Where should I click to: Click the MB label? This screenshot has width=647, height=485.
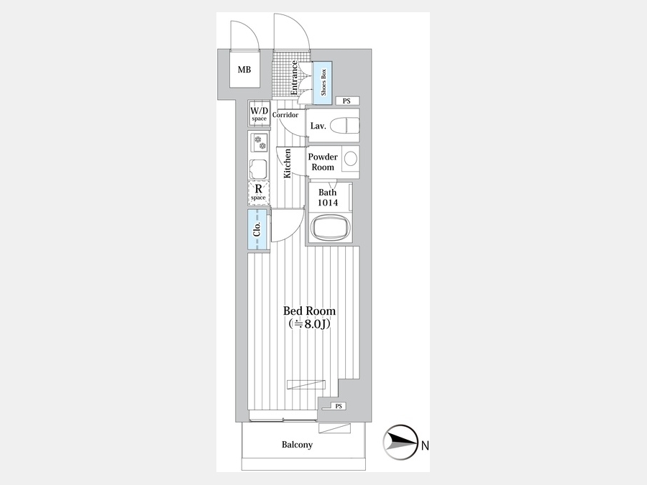(x=244, y=70)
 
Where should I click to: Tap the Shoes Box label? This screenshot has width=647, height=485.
(x=323, y=82)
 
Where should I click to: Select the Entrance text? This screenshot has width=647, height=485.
(x=294, y=78)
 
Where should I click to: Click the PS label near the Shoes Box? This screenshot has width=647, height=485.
(x=347, y=101)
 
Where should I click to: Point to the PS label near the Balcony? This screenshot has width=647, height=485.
(x=339, y=406)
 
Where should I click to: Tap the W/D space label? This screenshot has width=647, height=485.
(x=259, y=114)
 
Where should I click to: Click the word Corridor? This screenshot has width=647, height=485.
(x=285, y=115)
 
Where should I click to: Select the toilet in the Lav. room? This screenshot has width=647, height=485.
(x=344, y=125)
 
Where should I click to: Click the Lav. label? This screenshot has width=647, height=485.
(x=318, y=126)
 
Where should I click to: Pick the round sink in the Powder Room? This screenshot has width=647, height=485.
(x=351, y=159)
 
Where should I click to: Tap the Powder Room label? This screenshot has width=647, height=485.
(x=323, y=162)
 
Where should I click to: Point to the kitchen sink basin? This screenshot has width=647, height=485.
(x=258, y=169)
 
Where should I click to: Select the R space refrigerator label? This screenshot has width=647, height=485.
(x=258, y=193)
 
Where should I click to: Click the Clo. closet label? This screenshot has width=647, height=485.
(x=257, y=229)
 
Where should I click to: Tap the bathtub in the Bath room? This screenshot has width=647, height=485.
(x=330, y=228)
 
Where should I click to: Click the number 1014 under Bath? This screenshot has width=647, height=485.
(x=328, y=203)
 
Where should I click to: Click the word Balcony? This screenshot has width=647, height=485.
(x=297, y=445)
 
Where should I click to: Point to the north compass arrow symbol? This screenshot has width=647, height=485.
(x=400, y=442)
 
